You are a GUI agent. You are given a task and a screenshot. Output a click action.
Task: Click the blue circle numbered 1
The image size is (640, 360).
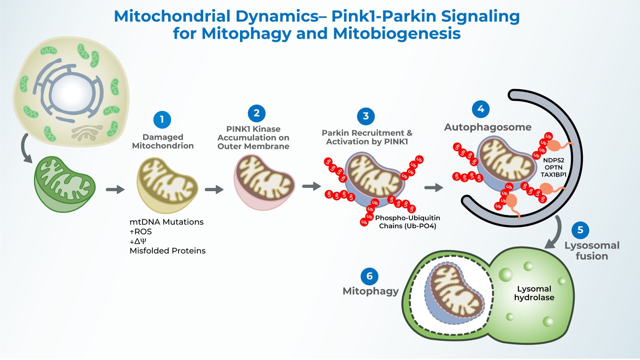tap(162, 120)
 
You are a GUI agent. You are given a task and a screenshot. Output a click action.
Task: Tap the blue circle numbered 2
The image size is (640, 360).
tap(256, 114)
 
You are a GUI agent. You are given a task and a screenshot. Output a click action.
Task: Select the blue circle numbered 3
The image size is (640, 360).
tap(366, 116)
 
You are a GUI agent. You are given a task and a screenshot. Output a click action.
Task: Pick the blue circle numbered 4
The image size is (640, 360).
tap(481, 109)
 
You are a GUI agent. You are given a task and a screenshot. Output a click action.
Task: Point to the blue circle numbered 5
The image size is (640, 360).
tap(580, 230)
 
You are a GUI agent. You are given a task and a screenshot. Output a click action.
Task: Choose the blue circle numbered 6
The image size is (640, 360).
tap(369, 276)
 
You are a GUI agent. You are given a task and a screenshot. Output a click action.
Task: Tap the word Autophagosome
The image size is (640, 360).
tap(488, 127)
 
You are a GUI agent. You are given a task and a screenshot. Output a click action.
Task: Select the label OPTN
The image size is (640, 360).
tap(554, 167)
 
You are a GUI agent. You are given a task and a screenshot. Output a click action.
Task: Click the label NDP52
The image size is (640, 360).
tap(554, 160)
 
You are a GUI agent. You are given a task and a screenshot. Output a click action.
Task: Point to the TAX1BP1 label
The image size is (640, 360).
tap(554, 174)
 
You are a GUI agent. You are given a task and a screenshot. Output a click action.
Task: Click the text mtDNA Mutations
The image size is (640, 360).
tap(166, 222)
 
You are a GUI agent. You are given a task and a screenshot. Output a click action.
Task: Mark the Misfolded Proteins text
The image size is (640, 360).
tap(168, 251)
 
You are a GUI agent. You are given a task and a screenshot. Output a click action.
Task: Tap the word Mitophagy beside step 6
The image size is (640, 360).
tap(370, 291)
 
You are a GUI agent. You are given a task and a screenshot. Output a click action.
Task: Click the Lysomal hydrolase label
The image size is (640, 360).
tap(534, 293)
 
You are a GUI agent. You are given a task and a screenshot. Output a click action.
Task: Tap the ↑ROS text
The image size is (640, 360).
tap(141, 232)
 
